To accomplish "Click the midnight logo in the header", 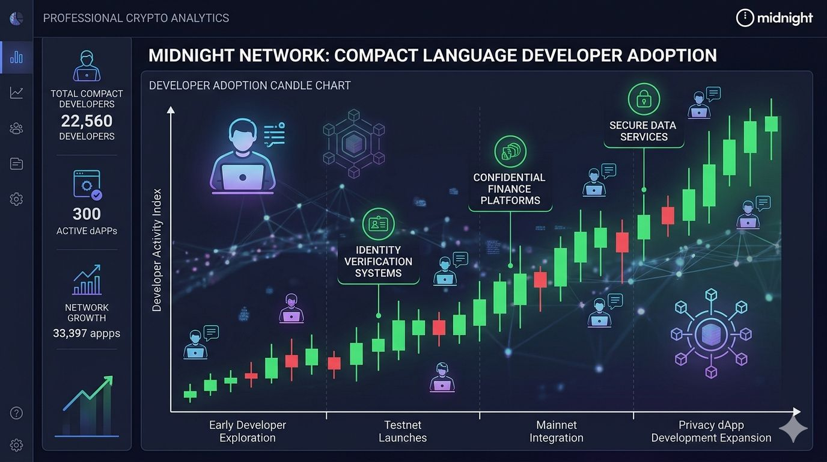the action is pyautogui.click(x=774, y=18).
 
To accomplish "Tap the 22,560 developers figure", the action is pyautogui.click(x=87, y=121).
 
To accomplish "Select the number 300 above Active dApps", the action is pyautogui.click(x=87, y=214).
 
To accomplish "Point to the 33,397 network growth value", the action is pyautogui.click(x=87, y=333).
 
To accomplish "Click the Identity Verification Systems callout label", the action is pyautogui.click(x=378, y=262).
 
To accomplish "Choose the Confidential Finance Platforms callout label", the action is pyautogui.click(x=510, y=189).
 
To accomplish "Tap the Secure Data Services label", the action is pyautogui.click(x=643, y=131).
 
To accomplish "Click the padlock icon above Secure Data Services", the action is pyautogui.click(x=643, y=99).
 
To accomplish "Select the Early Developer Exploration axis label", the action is pyautogui.click(x=248, y=431).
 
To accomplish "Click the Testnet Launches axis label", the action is pyautogui.click(x=402, y=431).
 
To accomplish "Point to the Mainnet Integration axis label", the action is pyautogui.click(x=557, y=431).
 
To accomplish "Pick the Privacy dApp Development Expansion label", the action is pyautogui.click(x=711, y=431).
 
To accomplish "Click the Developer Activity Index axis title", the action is pyautogui.click(x=157, y=250).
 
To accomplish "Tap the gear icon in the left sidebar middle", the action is pyautogui.click(x=16, y=199).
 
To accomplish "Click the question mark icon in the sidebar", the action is pyautogui.click(x=16, y=413).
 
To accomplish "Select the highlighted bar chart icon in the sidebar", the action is pyautogui.click(x=16, y=57).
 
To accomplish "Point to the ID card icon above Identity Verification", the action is pyautogui.click(x=378, y=224).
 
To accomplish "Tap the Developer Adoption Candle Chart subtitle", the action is pyautogui.click(x=249, y=85).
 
